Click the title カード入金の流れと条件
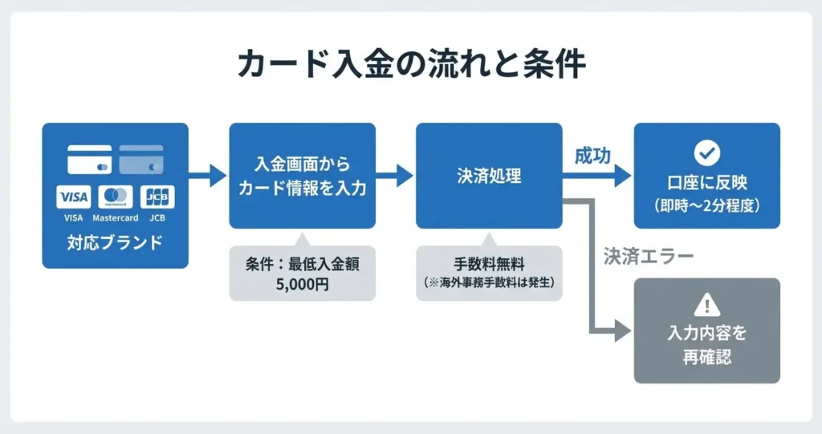point(412,64)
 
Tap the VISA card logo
point(73,197)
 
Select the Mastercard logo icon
point(116,197)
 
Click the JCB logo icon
point(157,197)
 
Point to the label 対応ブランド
point(116,243)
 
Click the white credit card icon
point(90,160)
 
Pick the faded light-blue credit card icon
point(141,160)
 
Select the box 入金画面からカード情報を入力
point(303,176)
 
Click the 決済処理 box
point(489,176)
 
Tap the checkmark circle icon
point(707,152)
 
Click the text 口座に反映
point(707,183)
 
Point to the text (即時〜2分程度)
point(707,205)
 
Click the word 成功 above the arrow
point(593,156)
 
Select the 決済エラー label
point(649,257)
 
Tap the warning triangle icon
point(707,305)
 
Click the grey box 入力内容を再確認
point(707,331)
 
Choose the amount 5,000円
point(303,285)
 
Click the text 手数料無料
point(489,264)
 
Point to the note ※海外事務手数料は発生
point(489,282)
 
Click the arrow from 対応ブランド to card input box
point(208,176)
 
